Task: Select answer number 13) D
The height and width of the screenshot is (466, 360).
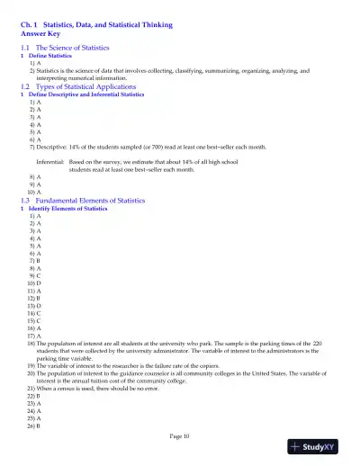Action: coord(34,306)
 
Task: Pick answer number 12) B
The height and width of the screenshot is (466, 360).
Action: coord(34,299)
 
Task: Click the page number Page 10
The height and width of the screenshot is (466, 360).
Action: coord(179,436)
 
